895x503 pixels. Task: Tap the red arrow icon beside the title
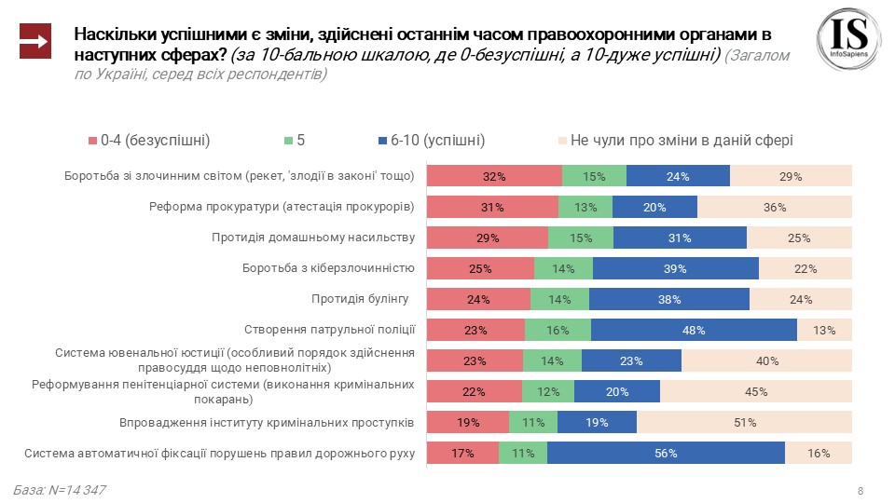tap(34, 42)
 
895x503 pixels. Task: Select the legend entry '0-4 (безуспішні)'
tap(149, 141)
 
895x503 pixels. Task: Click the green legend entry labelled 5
tap(295, 141)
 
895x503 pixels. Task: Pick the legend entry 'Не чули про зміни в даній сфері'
tap(675, 141)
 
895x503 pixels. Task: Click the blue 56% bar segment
tap(666, 454)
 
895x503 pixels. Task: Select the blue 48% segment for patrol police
tap(694, 330)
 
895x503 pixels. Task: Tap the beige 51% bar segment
tap(744, 423)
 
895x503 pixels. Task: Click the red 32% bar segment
tap(494, 176)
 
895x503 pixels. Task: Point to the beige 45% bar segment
tap(756, 391)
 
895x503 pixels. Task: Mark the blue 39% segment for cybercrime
tap(676, 268)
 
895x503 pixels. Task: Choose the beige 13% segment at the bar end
tap(824, 330)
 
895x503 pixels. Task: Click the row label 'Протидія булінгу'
tap(361, 299)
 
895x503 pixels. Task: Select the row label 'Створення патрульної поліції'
tap(329, 330)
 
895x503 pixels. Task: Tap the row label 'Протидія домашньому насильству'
tap(314, 238)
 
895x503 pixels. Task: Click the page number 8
tap(860, 491)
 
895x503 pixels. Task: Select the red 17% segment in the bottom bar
tap(462, 454)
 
